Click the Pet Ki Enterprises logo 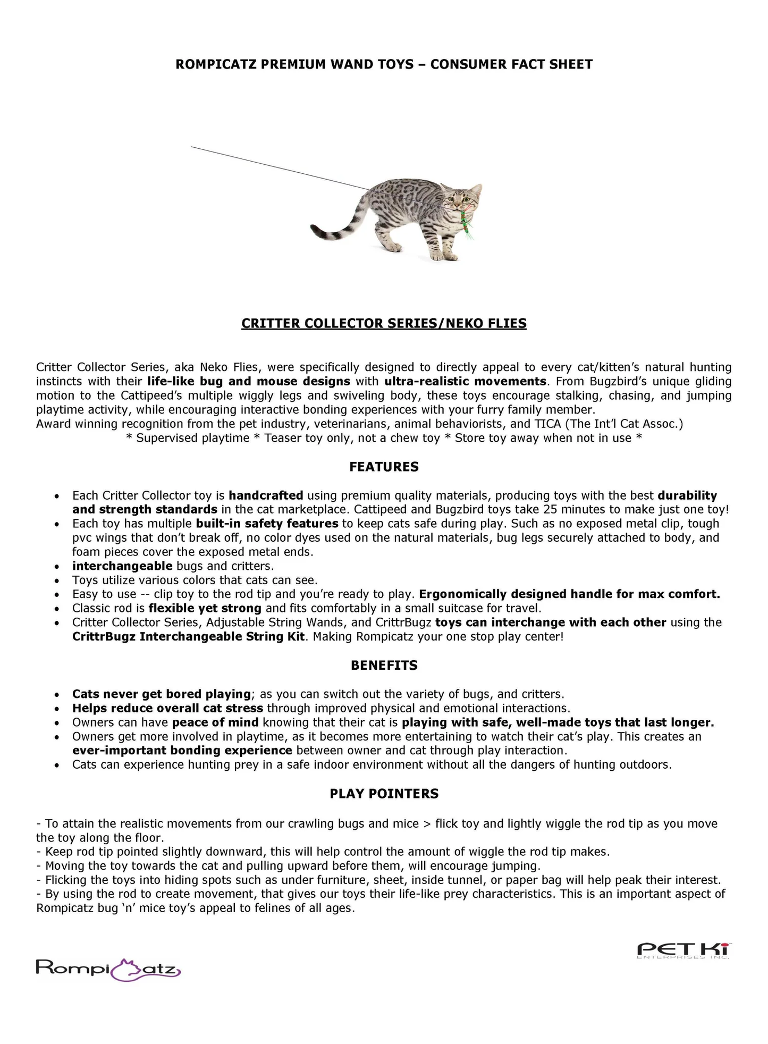pos(684,949)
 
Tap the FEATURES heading pos(384,467)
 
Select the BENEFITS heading pos(384,666)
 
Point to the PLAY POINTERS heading pos(384,794)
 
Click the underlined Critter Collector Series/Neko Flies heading pos(384,323)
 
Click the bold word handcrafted pos(266,495)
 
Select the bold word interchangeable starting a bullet pos(122,566)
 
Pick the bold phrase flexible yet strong pos(205,608)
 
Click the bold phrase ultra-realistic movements pos(465,382)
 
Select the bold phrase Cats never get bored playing pos(161,694)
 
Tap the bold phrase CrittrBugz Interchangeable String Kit pos(189,637)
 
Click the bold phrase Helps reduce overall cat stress pos(167,709)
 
